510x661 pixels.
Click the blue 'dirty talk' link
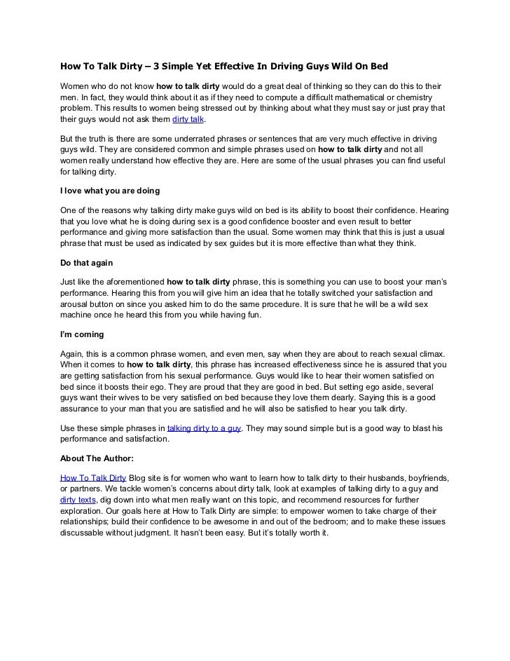pos(187,119)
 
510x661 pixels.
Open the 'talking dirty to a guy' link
pos(205,428)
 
